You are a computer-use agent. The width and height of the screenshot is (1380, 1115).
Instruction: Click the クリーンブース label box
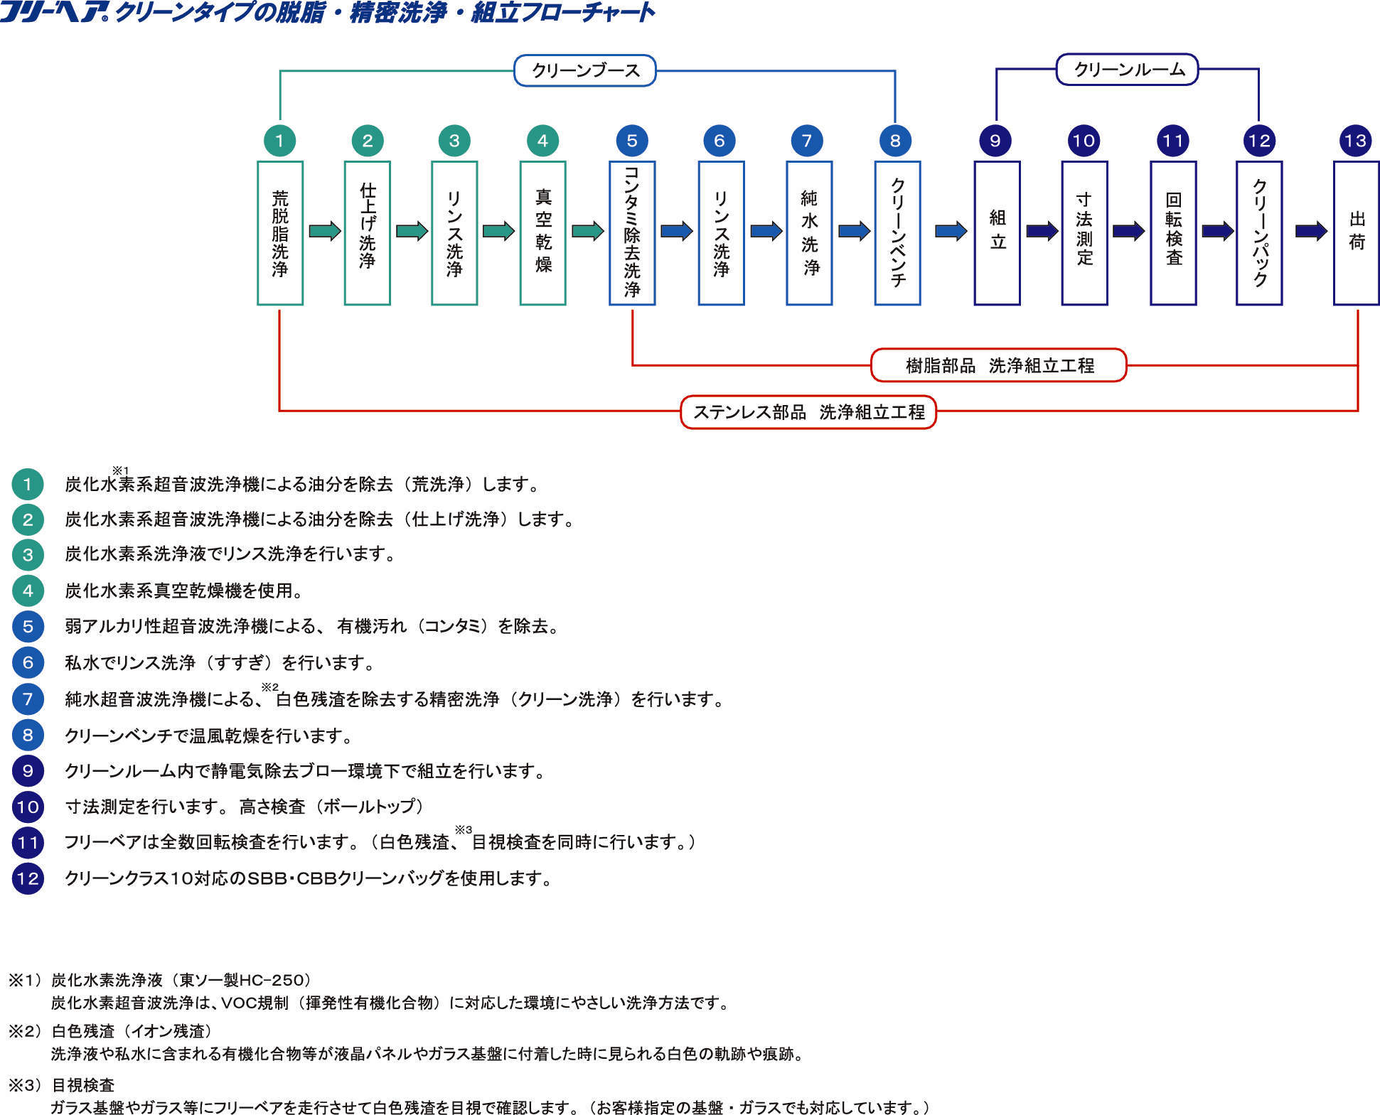pos(584,70)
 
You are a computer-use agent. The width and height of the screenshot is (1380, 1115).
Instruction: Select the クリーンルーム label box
pos(1127,70)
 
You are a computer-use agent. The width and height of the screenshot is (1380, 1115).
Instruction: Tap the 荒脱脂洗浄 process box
pos(280,233)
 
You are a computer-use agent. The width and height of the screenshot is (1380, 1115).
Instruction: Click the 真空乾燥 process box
pos(542,233)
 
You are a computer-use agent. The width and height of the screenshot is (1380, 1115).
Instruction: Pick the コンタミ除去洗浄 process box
pos(631,233)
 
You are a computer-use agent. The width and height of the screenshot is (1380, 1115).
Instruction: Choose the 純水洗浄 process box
pos(809,233)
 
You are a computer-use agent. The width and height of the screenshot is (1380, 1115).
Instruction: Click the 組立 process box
pos(997,233)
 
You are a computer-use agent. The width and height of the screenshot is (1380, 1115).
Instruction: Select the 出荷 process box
pos(1356,233)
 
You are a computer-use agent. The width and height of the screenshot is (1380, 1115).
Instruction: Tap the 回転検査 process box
pos(1173,233)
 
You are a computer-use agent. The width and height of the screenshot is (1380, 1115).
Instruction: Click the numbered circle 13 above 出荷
pos(1355,140)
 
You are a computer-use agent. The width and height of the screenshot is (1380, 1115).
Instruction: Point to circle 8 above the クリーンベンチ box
pos(895,140)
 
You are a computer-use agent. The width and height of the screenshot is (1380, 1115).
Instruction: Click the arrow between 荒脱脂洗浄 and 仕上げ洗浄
pos(325,231)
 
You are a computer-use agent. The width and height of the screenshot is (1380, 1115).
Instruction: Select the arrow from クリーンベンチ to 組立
pos(951,231)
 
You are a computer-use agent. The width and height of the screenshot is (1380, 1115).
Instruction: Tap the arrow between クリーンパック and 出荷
pos(1311,231)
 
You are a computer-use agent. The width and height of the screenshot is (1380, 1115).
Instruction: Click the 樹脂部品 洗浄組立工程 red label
pos(999,365)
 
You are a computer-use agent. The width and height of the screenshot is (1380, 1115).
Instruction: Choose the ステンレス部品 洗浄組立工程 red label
pos(808,412)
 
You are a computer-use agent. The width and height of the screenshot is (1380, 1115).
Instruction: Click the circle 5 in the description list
pos(28,626)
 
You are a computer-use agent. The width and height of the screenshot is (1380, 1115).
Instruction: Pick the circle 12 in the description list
pos(28,878)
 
